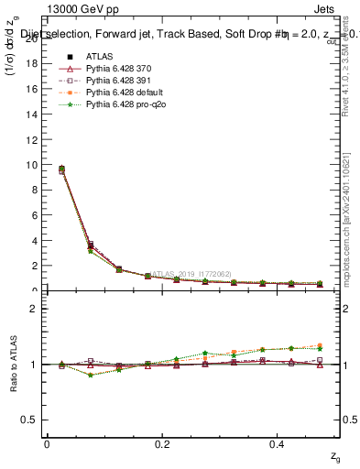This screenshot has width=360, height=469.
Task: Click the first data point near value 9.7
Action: pyautogui.click(x=61, y=169)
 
